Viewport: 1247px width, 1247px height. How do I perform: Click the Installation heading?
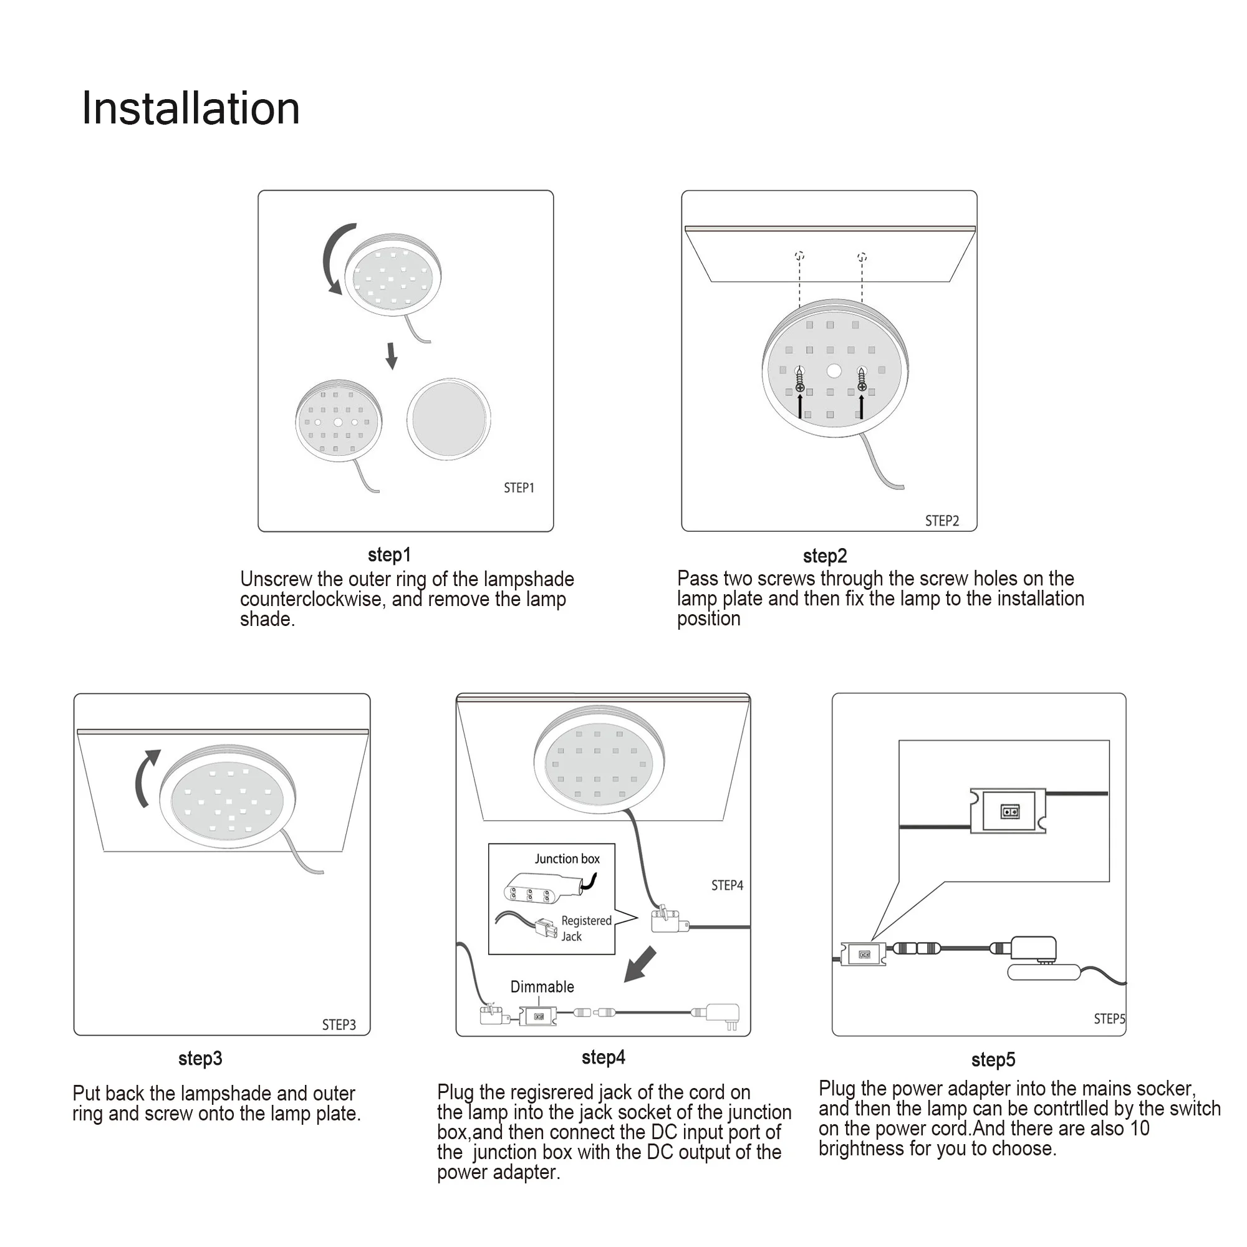click(x=190, y=108)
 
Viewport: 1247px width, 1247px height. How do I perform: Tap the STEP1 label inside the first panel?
click(x=519, y=488)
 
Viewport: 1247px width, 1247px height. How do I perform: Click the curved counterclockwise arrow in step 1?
click(x=335, y=258)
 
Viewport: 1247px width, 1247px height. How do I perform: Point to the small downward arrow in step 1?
click(x=391, y=355)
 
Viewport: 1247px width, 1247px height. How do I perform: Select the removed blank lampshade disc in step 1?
click(x=448, y=419)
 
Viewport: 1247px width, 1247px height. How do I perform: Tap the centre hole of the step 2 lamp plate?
click(x=834, y=370)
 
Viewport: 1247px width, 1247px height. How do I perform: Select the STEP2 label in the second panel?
click(x=941, y=521)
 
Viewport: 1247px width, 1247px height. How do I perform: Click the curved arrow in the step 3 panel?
click(x=146, y=778)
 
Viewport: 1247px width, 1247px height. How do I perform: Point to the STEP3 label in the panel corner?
click(x=339, y=1024)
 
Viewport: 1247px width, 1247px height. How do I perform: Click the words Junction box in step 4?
click(x=567, y=859)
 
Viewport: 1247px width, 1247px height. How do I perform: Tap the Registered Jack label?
click(x=585, y=928)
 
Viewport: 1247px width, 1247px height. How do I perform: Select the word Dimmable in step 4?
click(x=542, y=986)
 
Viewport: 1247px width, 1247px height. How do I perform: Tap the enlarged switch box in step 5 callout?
click(x=1008, y=811)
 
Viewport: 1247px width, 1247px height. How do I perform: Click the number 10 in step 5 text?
click(x=1139, y=1129)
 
